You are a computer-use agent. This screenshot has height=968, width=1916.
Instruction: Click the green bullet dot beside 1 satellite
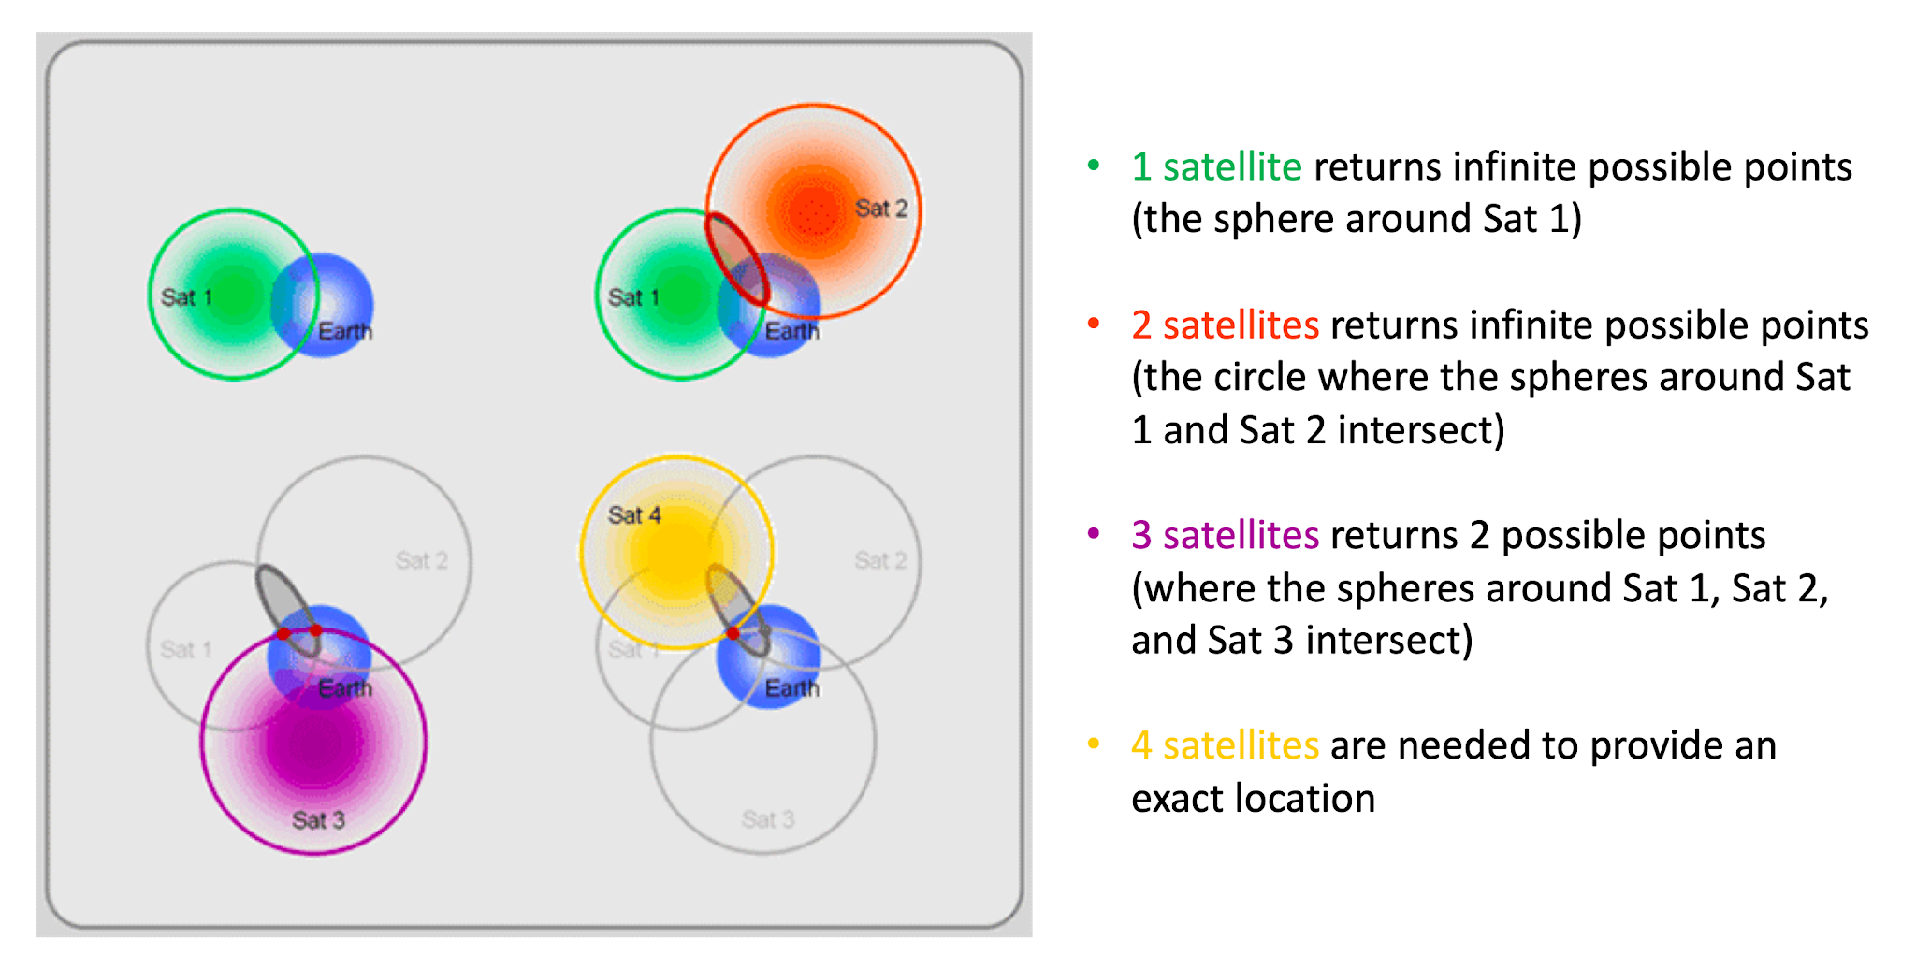tap(1093, 166)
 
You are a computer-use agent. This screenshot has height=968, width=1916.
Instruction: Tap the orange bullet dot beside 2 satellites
tap(1093, 324)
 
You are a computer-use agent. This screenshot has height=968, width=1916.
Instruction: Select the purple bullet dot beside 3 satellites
tap(1093, 534)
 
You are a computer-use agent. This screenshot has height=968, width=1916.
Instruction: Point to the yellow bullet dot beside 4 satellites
tap(1093, 744)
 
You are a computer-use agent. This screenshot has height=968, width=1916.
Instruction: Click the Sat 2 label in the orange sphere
tap(880, 208)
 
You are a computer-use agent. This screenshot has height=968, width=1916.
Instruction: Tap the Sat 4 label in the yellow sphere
tap(633, 514)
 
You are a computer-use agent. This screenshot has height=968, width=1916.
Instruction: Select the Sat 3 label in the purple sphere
tap(318, 819)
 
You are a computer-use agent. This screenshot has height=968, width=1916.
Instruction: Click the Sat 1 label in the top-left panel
tap(186, 297)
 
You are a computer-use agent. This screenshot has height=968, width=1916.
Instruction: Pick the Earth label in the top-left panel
tap(344, 331)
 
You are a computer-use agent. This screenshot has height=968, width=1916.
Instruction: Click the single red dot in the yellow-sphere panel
tap(733, 633)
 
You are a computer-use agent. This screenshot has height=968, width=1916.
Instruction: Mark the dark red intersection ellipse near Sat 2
tap(736, 259)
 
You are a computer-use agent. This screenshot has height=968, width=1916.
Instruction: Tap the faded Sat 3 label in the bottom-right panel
tap(767, 819)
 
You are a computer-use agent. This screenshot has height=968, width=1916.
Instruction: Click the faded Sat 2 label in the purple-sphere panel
tap(421, 560)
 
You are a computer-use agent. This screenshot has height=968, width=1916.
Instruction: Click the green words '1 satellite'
tap(1216, 166)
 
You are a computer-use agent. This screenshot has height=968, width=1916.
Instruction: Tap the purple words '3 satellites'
tap(1225, 535)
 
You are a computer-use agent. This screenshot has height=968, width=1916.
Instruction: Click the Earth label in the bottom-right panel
tap(791, 688)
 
